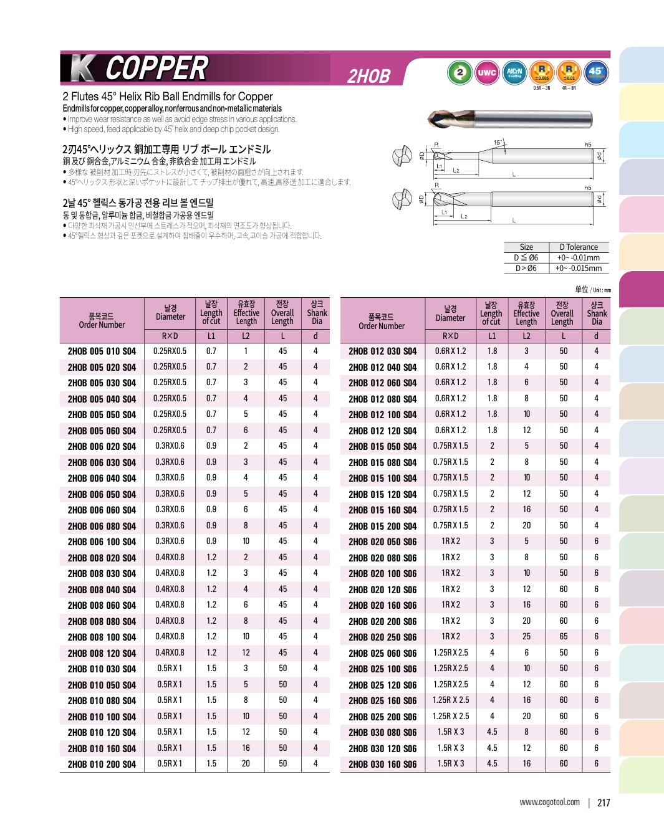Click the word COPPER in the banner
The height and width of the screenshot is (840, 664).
coord(156,69)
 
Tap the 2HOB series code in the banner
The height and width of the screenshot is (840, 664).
coord(368,77)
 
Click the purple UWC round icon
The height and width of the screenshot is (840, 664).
coord(487,72)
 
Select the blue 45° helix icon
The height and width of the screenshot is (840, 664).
coord(596,72)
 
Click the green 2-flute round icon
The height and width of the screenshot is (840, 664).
coord(460,72)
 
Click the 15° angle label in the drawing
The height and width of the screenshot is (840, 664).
coord(498,143)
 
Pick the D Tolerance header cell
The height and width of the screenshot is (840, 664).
coord(578,247)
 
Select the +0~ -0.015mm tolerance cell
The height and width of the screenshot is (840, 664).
coord(578,269)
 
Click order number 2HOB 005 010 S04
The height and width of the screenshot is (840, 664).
coord(102,351)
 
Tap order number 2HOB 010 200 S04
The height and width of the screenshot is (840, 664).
coord(102,764)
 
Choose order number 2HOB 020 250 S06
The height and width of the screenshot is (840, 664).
coord(382,637)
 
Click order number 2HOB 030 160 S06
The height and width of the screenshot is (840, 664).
coord(382,764)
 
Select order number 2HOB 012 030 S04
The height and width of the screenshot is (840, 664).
coord(382,351)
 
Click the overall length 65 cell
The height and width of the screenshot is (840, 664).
coord(563,637)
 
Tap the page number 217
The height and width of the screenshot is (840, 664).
coord(604,803)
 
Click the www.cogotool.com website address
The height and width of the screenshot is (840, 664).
coord(549,803)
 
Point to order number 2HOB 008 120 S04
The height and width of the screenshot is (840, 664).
coord(102,653)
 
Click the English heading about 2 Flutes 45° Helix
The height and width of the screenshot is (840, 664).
coord(168,97)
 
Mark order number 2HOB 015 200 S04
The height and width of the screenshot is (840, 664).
coord(382,526)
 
